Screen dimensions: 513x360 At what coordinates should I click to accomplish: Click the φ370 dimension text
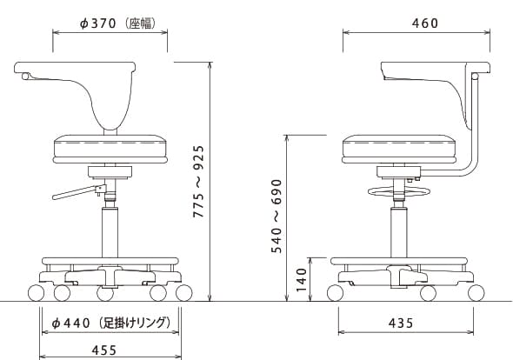98,23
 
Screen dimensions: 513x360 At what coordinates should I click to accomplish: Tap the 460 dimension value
425,23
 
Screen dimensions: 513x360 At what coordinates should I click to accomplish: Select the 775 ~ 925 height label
198,182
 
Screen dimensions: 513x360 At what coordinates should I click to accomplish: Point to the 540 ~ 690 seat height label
276,216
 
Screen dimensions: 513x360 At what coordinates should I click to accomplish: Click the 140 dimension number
301,280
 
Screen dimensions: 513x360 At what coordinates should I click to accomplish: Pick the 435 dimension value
401,323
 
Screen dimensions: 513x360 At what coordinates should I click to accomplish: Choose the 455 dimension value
104,350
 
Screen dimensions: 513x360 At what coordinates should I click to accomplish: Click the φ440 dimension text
70,323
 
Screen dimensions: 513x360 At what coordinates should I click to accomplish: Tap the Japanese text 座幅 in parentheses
141,23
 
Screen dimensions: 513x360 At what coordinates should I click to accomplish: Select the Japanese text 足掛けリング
134,323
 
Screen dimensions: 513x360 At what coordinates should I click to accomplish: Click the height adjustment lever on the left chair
79,192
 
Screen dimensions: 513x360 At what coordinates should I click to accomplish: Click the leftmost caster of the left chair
36,293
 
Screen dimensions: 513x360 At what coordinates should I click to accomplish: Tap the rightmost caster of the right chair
476,293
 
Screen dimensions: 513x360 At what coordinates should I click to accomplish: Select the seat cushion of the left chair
110,149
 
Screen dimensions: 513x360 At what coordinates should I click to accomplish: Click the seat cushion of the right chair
399,149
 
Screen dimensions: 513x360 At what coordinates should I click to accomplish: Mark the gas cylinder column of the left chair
110,232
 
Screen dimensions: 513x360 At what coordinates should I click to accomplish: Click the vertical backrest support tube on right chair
475,124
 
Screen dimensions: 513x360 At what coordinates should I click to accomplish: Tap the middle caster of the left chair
105,294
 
